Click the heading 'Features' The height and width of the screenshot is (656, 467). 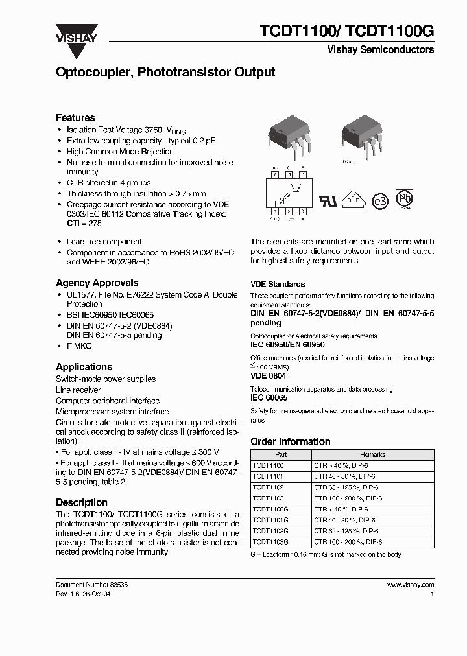tap(75, 117)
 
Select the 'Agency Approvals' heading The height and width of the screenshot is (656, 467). tap(97, 283)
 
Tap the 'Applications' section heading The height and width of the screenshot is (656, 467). tap(84, 367)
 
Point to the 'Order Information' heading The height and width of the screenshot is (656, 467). tap(290, 441)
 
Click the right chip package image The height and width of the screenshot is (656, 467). tap(359, 135)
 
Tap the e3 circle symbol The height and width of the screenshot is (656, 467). tap(381, 201)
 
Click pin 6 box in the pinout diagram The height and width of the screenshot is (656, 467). tap(274, 174)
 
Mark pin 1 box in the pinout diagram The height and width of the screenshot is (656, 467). tap(274, 211)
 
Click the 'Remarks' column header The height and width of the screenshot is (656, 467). tap(372, 454)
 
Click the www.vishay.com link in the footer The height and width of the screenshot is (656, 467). tap(410, 584)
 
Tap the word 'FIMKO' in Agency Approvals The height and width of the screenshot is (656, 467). tap(80, 347)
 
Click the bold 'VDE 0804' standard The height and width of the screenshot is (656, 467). tap(268, 376)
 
